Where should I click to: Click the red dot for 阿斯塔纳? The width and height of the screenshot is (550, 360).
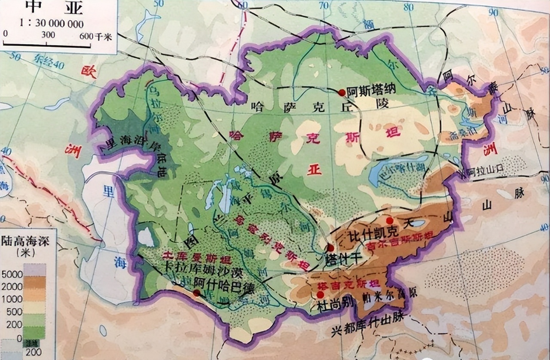342,92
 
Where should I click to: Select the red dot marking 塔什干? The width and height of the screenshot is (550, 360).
330,248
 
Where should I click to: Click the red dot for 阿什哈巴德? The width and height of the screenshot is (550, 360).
196,293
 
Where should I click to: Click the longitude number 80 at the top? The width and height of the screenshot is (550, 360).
409,7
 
